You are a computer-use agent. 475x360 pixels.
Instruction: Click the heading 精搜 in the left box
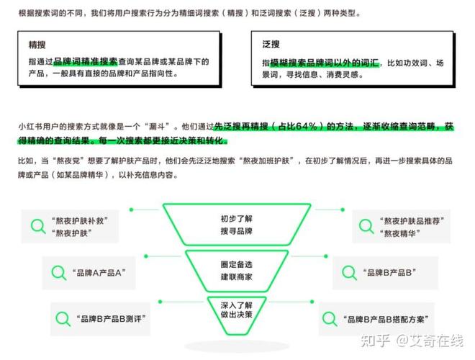37,45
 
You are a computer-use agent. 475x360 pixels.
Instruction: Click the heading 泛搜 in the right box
271,45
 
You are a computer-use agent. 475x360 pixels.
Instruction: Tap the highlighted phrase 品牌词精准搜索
86,61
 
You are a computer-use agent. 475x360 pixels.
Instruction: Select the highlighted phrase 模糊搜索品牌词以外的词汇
324,63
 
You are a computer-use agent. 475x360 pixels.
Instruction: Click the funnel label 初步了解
236,218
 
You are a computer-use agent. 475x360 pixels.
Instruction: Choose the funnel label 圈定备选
236,264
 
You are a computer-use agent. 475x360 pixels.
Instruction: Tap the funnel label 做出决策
236,315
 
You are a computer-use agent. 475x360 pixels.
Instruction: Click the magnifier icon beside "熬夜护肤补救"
38,226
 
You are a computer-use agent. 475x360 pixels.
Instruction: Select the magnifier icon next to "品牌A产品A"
59,273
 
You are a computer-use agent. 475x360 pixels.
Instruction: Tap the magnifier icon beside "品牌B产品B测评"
63,319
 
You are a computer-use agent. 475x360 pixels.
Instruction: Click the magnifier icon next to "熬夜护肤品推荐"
366,226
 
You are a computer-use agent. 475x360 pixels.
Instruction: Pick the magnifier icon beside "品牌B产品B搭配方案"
330,319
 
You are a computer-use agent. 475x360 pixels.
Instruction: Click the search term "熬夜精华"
400,233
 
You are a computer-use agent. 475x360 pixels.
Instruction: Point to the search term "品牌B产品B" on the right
389,273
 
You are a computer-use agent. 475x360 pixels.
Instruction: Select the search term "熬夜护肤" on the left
71,233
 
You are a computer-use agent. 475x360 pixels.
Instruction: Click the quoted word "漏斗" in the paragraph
157,126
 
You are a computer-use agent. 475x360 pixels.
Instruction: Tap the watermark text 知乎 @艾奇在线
412,341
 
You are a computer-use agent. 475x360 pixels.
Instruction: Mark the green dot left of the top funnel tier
131,210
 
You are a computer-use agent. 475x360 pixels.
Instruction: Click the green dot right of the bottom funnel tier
312,302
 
